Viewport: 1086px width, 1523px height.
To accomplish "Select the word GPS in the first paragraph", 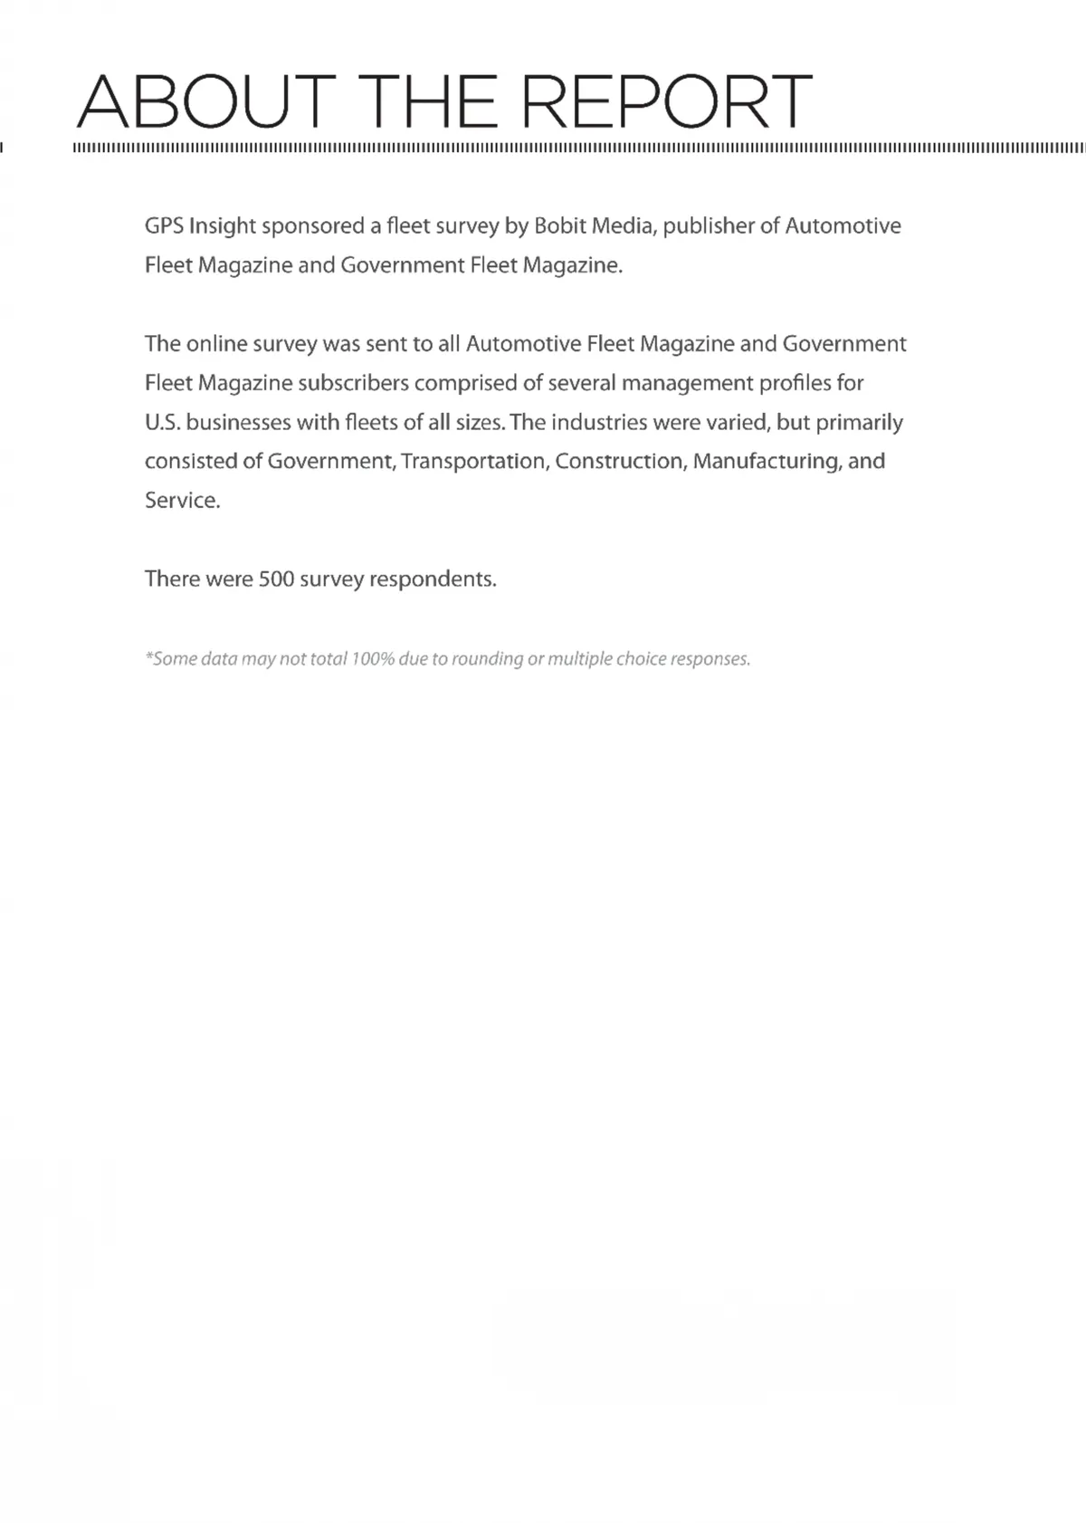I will [164, 226].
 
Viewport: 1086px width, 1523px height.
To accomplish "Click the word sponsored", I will [313, 226].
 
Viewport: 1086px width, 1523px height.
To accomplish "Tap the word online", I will [216, 344].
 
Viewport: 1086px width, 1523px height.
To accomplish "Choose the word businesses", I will [238, 423].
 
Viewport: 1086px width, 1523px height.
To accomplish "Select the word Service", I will [182, 501].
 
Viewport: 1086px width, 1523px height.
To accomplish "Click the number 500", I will [276, 580].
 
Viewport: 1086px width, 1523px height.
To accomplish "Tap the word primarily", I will [859, 423].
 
